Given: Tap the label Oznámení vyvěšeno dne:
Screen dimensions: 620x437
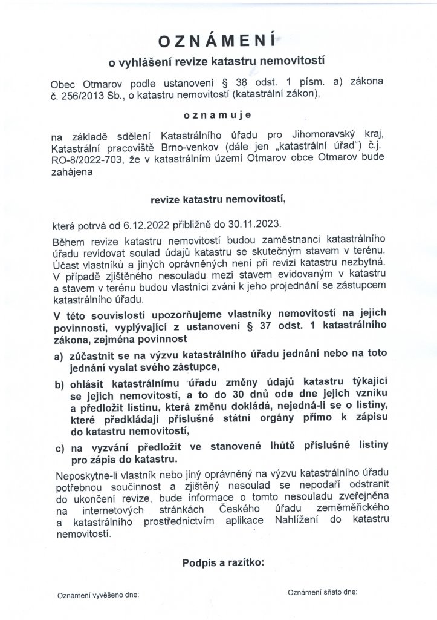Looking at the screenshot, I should tap(98, 595).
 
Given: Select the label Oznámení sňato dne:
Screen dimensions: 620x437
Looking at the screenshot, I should tap(323, 590).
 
